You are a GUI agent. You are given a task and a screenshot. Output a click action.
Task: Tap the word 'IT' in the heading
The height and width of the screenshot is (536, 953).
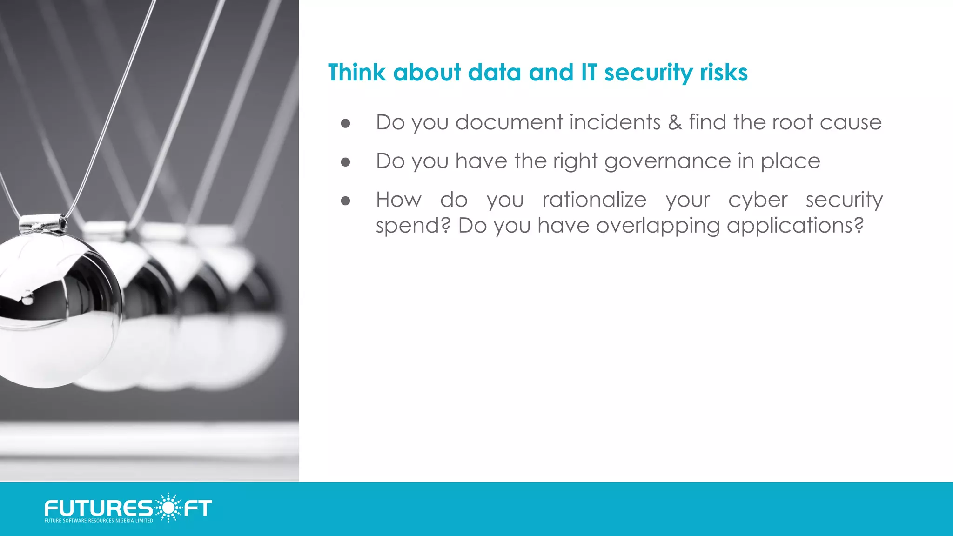[589, 73]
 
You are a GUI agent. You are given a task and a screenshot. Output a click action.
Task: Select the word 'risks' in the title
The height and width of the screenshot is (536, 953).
[724, 73]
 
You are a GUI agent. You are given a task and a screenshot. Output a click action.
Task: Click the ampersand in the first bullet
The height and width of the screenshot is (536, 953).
[675, 122]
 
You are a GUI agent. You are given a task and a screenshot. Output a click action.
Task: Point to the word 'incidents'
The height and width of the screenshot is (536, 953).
[615, 122]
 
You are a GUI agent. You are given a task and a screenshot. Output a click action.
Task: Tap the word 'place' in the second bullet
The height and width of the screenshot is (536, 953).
[790, 162]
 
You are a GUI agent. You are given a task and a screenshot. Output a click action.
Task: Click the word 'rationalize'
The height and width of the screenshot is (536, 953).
[594, 200]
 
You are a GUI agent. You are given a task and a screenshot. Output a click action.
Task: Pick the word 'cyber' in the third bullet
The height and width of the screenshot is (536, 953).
[758, 200]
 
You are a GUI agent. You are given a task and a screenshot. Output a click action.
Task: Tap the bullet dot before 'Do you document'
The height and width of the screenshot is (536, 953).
[345, 123]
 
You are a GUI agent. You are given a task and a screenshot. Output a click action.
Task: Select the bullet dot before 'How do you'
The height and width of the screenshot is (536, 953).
[345, 201]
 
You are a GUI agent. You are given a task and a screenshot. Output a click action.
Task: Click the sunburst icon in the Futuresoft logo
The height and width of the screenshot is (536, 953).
[168, 507]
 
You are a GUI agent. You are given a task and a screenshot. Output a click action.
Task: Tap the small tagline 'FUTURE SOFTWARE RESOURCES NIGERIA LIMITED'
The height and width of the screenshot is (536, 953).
[99, 521]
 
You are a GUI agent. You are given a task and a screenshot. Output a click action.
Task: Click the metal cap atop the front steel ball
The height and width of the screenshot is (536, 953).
[43, 224]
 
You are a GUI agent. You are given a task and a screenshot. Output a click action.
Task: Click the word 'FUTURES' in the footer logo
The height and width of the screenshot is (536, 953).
[98, 508]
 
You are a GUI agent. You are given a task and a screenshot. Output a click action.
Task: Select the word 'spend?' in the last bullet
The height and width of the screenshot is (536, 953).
[413, 226]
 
